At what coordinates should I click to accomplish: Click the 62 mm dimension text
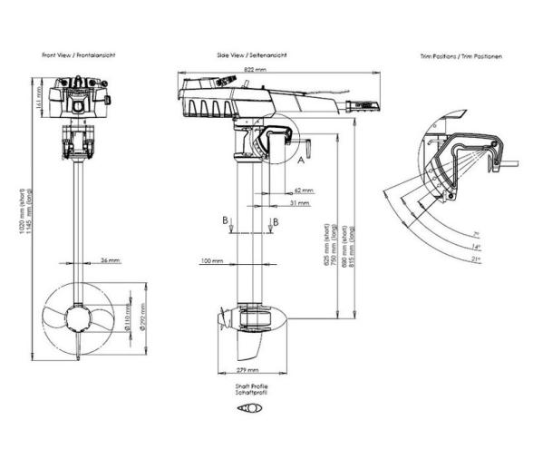(304, 190)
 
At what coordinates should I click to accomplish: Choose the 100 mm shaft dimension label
(211, 261)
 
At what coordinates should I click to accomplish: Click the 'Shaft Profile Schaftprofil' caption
(247, 390)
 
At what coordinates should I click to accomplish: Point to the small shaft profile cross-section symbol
(247, 408)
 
